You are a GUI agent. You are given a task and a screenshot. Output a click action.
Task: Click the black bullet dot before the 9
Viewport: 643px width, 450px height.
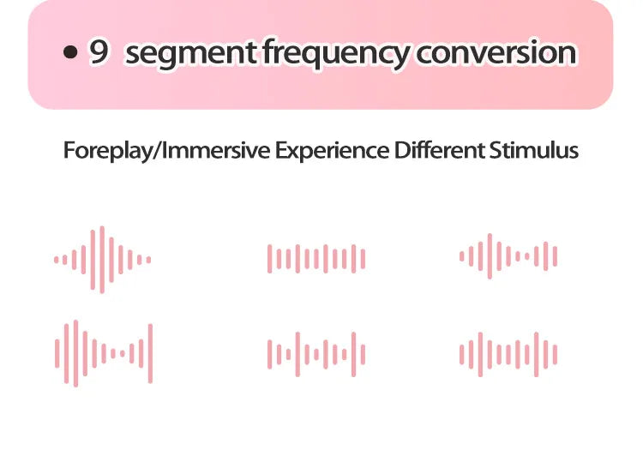[x=70, y=52]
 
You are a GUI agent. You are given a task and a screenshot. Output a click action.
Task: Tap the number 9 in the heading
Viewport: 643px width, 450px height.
[x=99, y=52]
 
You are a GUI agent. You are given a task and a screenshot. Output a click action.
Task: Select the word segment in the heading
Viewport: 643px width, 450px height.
[x=191, y=53]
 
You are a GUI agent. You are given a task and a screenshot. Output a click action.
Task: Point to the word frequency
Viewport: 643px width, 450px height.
[x=336, y=53]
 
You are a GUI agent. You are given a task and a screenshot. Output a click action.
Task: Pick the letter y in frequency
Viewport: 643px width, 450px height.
[x=399, y=57]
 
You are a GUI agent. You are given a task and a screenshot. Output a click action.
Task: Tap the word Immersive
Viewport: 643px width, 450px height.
[x=217, y=150]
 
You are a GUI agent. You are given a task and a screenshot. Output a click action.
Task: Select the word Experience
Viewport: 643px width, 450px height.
[x=332, y=151]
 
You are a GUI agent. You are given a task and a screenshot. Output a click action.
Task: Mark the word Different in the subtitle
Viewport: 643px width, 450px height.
[x=440, y=150]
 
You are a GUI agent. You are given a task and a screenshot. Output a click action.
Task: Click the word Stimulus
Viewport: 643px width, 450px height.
[x=534, y=150]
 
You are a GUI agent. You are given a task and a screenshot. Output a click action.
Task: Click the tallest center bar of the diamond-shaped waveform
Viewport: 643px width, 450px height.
[x=102, y=260]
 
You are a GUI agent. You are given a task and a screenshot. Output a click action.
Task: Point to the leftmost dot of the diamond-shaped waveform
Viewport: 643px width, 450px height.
[x=57, y=260]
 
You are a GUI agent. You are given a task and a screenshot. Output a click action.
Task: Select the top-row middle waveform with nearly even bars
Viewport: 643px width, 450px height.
[x=316, y=259]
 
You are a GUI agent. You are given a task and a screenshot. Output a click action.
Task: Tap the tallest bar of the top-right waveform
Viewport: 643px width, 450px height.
[x=490, y=256]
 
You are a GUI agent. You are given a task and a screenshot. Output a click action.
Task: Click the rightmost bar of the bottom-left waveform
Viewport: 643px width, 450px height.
[x=151, y=353]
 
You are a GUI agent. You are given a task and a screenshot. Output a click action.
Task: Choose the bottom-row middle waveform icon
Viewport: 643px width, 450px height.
[x=316, y=354]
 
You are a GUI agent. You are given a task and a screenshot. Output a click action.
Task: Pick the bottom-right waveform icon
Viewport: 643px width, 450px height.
[x=508, y=354]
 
